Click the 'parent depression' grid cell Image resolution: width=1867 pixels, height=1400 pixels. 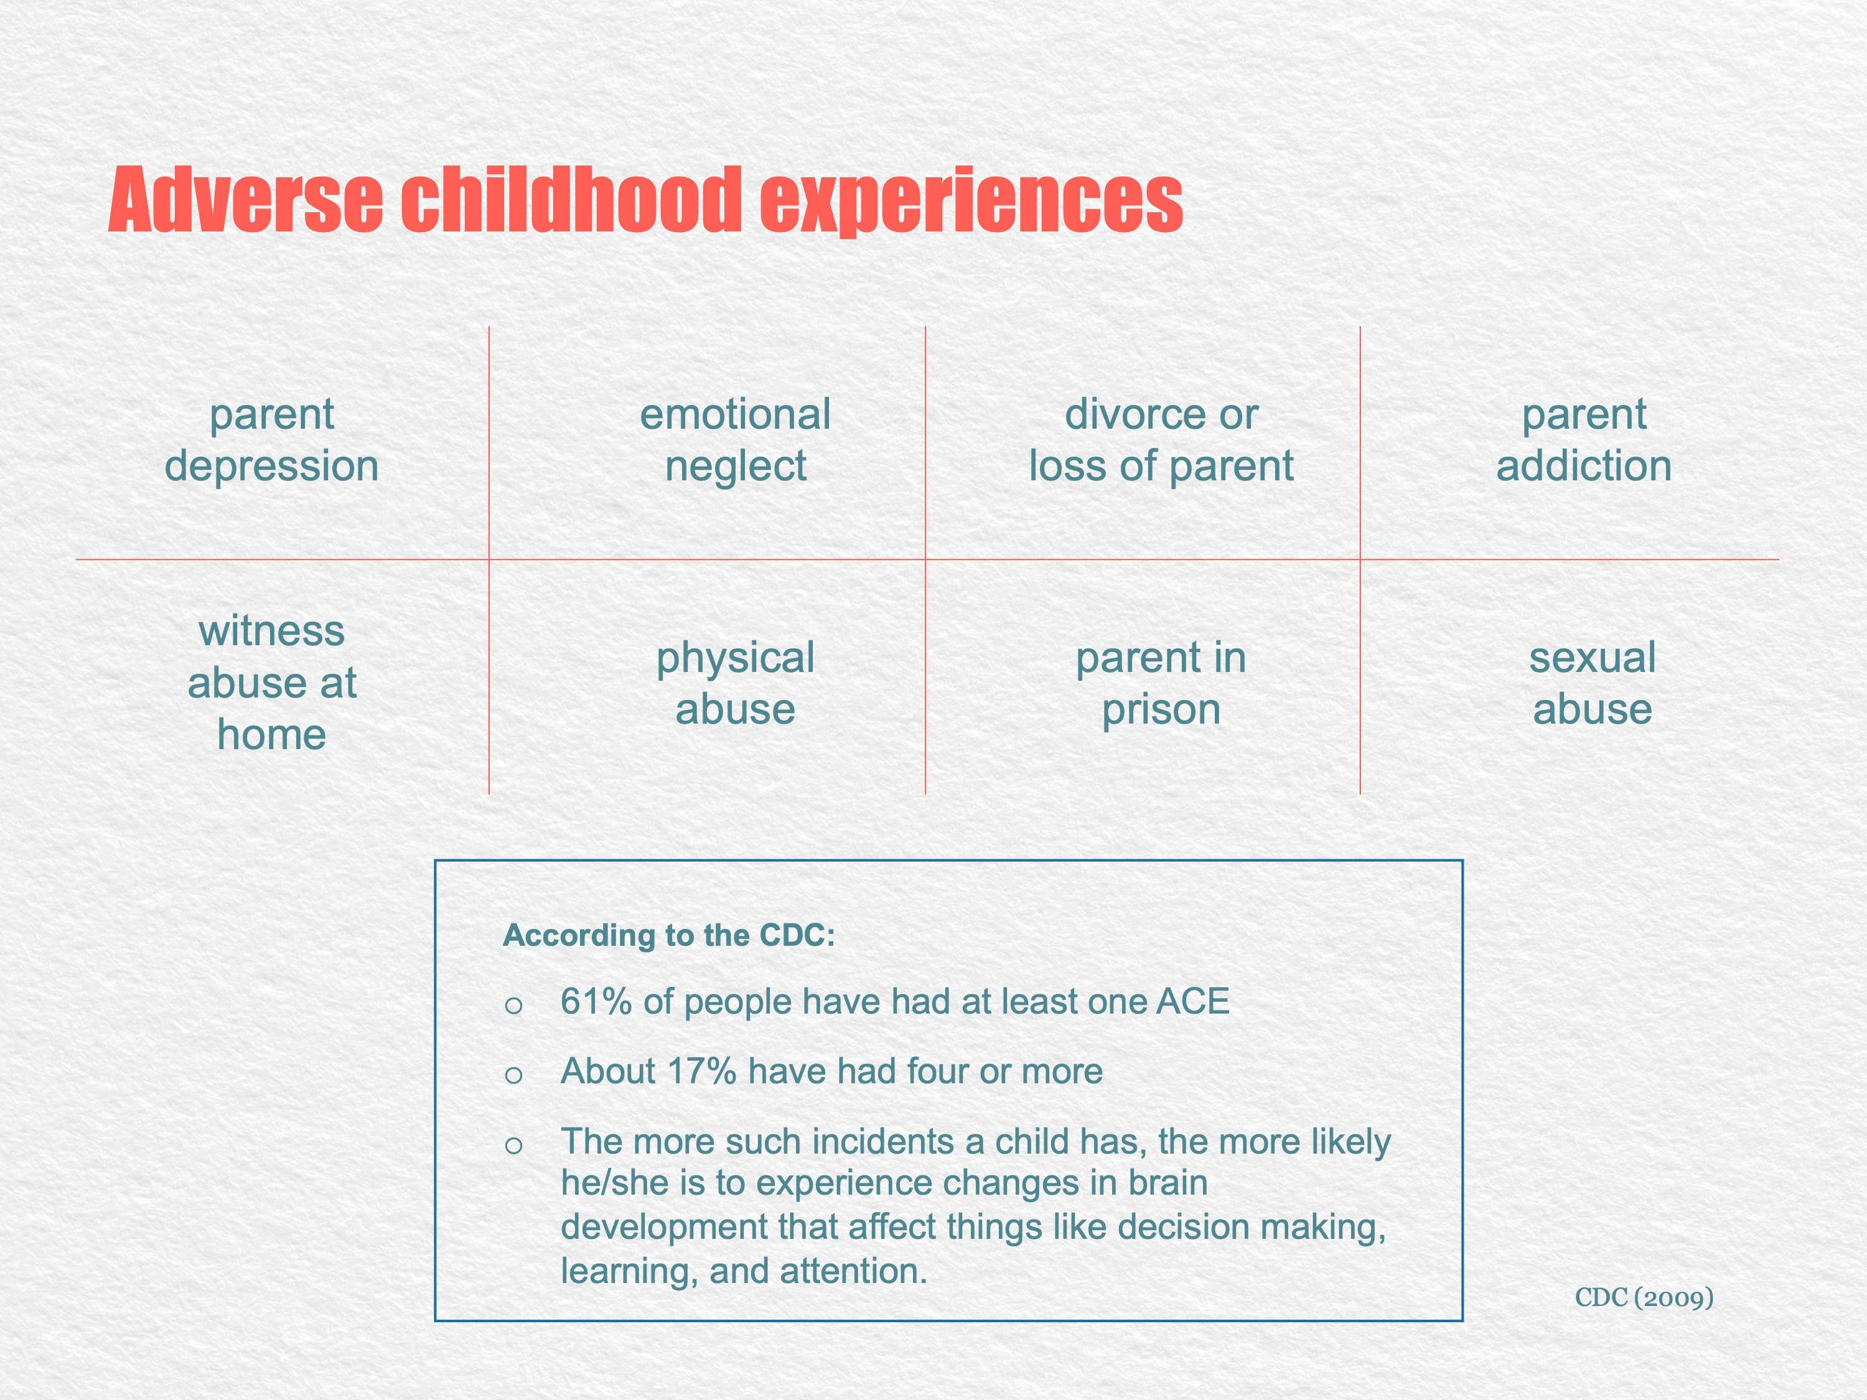[272, 440]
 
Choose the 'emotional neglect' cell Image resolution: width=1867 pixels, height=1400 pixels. [735, 441]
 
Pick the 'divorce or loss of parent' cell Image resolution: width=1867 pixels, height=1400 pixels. [1161, 440]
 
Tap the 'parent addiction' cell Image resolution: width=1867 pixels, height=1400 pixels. [1584, 440]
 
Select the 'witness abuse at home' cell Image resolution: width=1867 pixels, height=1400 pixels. [272, 682]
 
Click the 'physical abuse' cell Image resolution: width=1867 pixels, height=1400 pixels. [735, 683]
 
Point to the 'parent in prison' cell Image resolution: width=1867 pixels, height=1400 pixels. [1161, 683]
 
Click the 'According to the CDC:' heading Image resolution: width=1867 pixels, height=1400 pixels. [668, 935]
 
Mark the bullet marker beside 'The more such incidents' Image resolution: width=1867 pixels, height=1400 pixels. [513, 1145]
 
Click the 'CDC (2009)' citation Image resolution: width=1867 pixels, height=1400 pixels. [1644, 1297]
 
